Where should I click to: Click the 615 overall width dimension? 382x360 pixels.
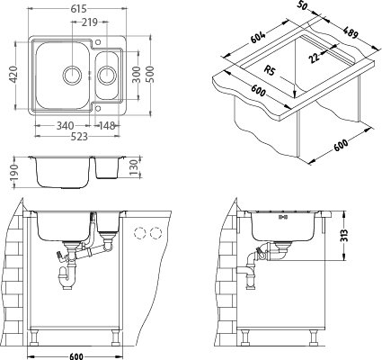coord(79,9)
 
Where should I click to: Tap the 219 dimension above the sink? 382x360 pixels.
coord(89,22)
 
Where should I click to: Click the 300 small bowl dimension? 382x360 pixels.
coord(136,75)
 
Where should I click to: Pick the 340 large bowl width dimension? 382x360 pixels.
coord(65,125)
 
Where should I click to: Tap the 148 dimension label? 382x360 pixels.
coord(107,125)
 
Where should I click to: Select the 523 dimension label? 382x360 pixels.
coord(79,137)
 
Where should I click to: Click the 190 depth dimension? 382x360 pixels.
coord(13,173)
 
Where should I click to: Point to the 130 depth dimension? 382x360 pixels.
coord(134,167)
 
